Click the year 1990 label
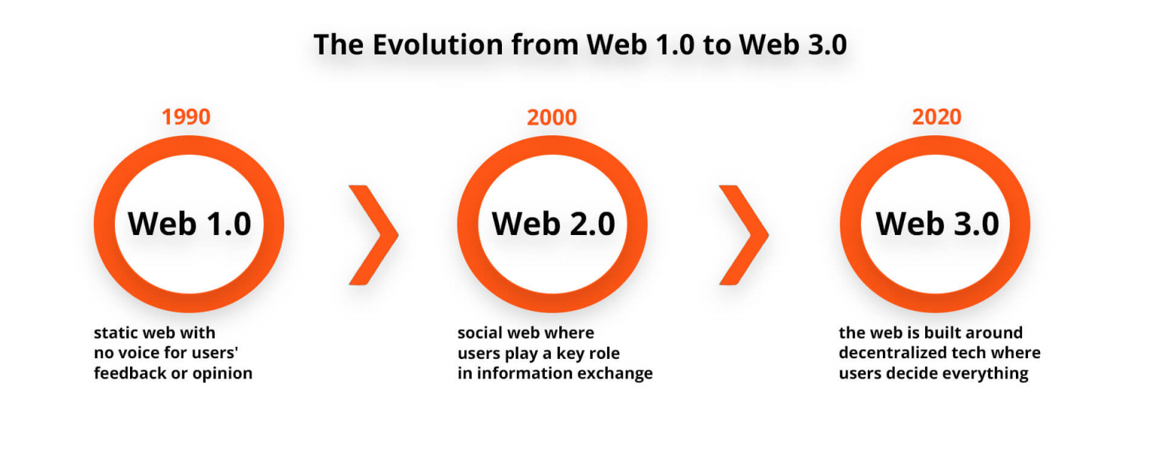click(186, 117)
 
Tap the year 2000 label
click(552, 117)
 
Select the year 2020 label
click(937, 117)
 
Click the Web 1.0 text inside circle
click(189, 224)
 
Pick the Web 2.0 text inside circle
click(553, 224)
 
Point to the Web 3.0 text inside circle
click(937, 224)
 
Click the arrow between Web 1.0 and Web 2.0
click(373, 235)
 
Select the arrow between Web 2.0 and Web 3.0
click(744, 235)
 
